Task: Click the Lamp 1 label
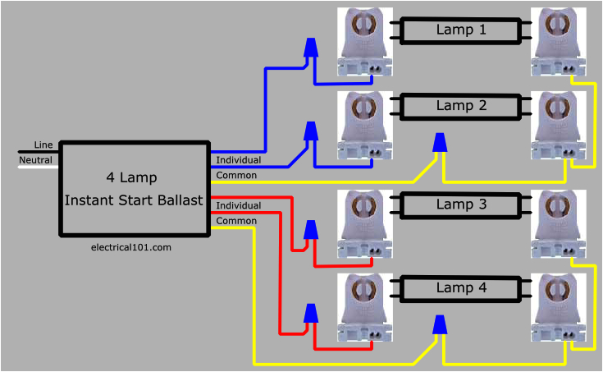point(460,30)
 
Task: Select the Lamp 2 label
point(460,106)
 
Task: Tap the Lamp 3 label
point(460,204)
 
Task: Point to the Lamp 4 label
point(460,288)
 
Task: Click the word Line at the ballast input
point(43,145)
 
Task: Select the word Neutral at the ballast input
point(36,159)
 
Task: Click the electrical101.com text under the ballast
point(131,247)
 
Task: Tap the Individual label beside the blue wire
point(238,159)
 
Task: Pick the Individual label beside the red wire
point(238,205)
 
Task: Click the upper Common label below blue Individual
point(235,175)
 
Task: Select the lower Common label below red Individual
point(235,221)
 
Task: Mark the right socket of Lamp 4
point(558,308)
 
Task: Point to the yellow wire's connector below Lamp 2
point(441,144)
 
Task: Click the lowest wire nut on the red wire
point(311,313)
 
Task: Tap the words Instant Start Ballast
point(133,200)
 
